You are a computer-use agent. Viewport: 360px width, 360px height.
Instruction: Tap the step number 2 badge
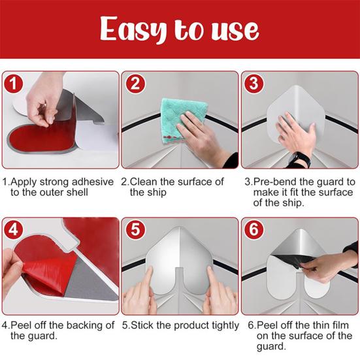coord(135,84)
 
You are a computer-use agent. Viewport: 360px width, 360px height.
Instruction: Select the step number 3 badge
coord(254,84)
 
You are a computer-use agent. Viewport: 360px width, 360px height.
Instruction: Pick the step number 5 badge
coord(135,230)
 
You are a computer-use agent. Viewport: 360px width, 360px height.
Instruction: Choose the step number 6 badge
coord(254,230)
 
